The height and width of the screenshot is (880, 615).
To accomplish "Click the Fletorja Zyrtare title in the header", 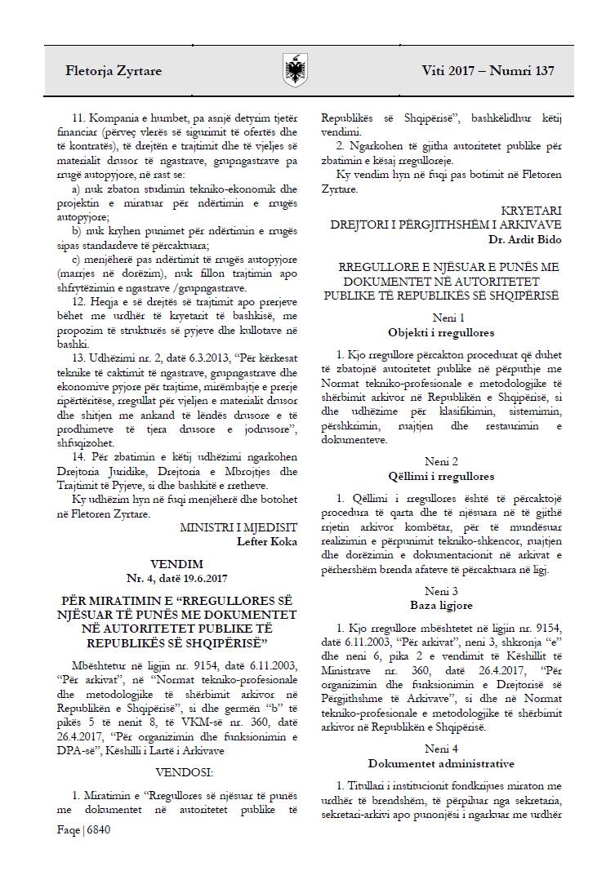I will [x=114, y=71].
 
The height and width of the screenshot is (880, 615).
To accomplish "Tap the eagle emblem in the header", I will [x=294, y=70].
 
